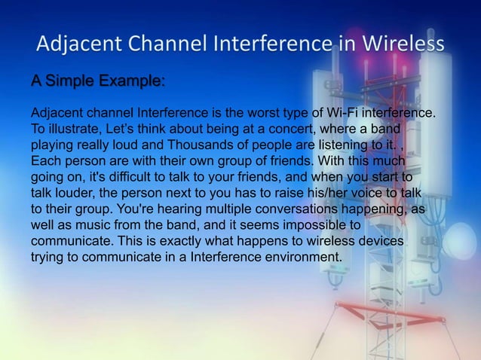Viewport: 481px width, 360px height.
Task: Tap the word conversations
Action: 299,209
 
